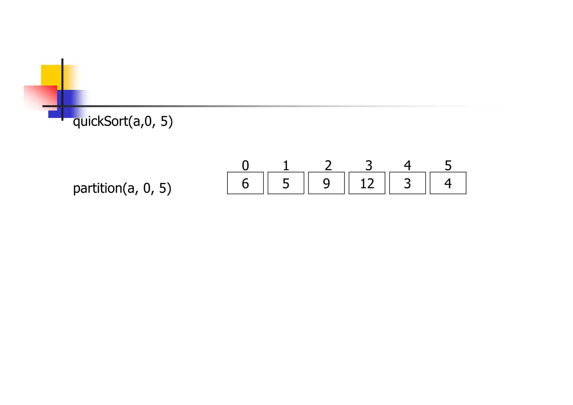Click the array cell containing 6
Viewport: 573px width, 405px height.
(x=245, y=183)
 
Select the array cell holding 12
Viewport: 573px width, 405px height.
(x=367, y=183)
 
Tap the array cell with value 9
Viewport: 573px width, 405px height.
(x=326, y=183)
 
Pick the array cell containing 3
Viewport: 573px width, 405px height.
(x=407, y=183)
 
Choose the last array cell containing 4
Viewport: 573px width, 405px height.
(x=448, y=183)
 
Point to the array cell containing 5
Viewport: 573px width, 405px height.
(x=286, y=183)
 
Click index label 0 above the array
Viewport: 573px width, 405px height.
(x=245, y=166)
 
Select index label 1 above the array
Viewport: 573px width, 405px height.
(x=286, y=166)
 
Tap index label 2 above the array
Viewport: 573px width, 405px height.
(x=328, y=166)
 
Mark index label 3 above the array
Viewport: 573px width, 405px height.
(x=369, y=166)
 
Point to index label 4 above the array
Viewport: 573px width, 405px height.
(x=407, y=166)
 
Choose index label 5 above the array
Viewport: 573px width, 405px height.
(x=448, y=166)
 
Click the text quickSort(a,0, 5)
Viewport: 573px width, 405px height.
(x=123, y=122)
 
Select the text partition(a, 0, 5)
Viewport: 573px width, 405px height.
(x=122, y=188)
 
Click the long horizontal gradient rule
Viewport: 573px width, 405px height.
(x=252, y=106)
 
